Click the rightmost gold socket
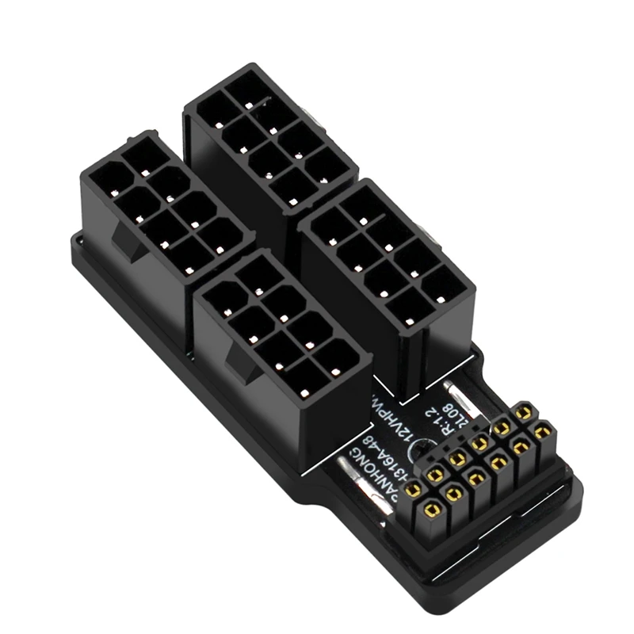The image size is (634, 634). click(x=543, y=433)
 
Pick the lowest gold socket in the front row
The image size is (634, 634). click(x=431, y=510)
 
